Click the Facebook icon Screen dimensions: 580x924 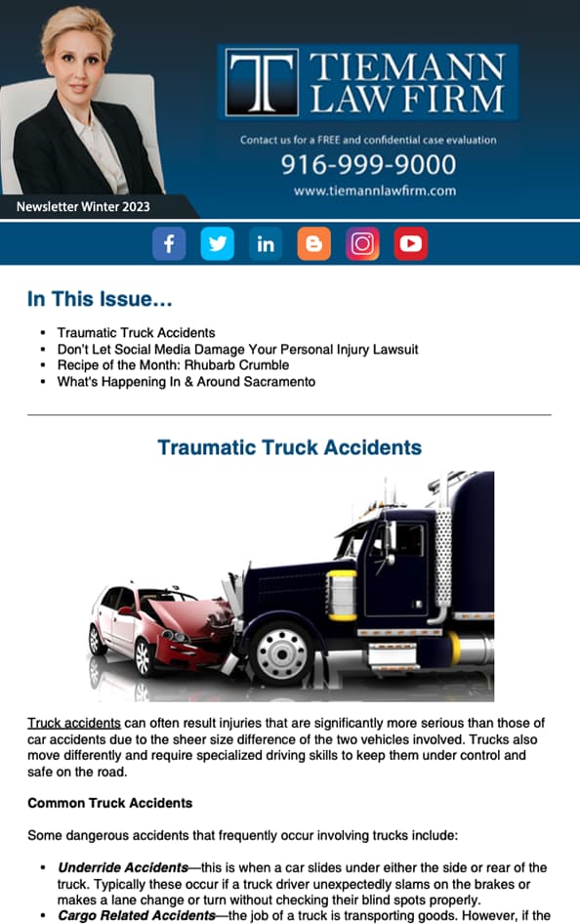169,244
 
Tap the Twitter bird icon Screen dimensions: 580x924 218,244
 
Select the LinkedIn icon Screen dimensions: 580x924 266,244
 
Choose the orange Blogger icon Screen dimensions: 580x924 313,244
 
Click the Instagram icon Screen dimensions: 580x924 362,244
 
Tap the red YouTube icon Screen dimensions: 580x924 411,244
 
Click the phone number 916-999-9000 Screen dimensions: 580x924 368,164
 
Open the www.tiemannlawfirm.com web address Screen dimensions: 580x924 374,191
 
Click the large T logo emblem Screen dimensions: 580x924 261,83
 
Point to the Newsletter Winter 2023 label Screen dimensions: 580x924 83,207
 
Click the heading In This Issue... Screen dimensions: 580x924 101,300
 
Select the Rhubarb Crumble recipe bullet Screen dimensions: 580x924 173,365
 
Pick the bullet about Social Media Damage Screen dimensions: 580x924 237,349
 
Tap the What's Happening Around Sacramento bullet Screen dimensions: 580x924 186,382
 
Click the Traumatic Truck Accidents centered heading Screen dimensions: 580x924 289,448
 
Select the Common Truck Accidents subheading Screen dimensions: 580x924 109,804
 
